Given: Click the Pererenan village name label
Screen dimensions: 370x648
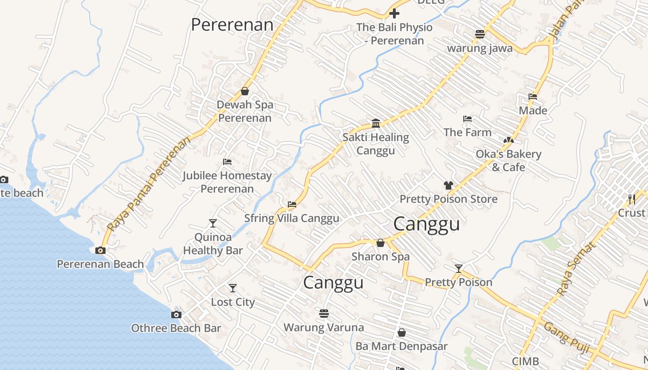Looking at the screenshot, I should pos(232,25).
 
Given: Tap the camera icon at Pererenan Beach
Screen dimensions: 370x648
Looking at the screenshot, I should pos(100,251).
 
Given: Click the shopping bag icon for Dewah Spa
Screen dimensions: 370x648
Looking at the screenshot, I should pos(245,91).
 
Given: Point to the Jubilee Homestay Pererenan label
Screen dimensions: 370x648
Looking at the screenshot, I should pos(227,182).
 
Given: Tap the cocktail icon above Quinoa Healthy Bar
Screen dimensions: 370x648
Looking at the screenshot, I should pos(212,223).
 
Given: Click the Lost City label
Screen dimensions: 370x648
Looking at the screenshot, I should pos(233,302).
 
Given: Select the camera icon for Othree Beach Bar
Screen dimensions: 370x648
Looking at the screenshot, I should pos(176,314).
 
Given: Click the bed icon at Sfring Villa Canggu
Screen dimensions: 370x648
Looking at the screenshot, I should pos(292,204).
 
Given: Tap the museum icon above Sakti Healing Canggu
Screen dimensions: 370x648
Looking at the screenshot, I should pos(376,123).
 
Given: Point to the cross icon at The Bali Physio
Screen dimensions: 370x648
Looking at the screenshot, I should pos(394,13).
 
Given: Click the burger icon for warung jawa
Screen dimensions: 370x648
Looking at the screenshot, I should pos(480,34).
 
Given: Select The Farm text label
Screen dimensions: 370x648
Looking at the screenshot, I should pos(467,132).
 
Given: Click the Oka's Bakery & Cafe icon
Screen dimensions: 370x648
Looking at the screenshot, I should pos(509,140).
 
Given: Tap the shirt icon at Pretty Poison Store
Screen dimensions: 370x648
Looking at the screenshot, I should pos(448,185).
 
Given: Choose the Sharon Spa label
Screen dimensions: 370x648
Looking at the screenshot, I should pos(380,256).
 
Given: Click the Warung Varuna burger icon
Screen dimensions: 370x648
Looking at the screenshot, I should pos(324,314).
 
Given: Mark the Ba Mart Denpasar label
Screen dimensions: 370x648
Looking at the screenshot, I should pos(401,346).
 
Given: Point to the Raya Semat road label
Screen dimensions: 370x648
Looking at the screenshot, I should pos(575,269).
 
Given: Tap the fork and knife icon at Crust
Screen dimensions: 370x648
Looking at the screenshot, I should pos(632,199).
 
